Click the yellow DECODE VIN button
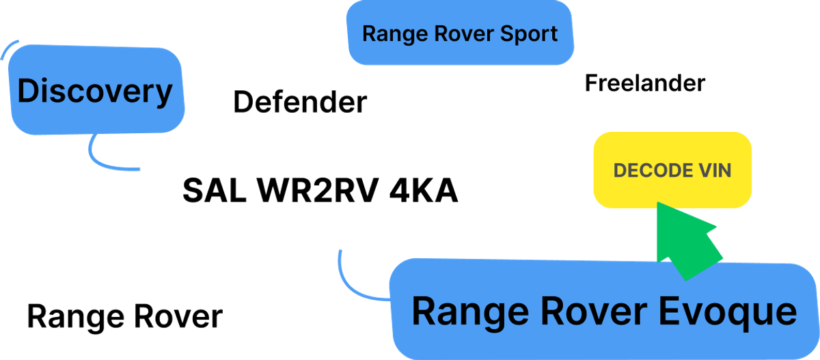[x=672, y=170]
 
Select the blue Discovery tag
[x=96, y=92]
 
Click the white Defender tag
[x=299, y=102]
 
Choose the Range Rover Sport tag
[x=459, y=33]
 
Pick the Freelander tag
[x=644, y=83]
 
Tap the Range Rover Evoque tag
[x=604, y=311]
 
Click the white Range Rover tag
[x=124, y=316]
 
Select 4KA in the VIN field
[x=423, y=191]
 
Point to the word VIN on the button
[x=714, y=170]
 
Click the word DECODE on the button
[x=645, y=170]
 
